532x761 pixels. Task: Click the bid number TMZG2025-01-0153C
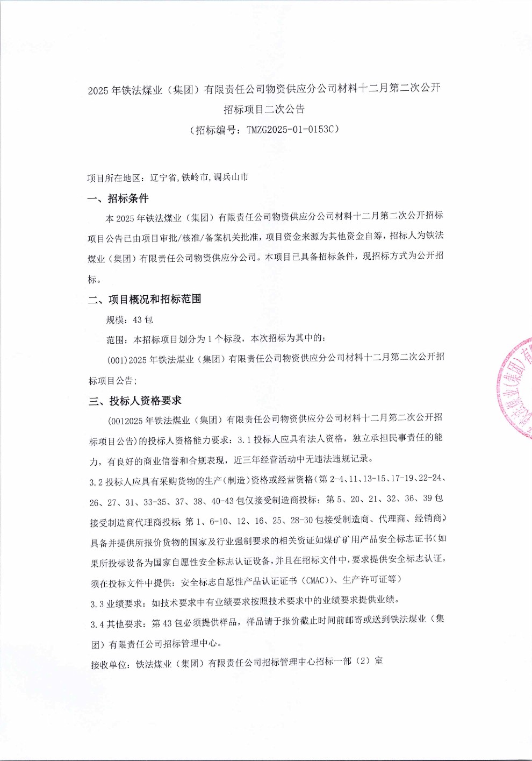[x=290, y=130]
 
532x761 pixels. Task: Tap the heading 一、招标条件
[x=118, y=198]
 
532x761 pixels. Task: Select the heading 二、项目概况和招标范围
[x=145, y=300]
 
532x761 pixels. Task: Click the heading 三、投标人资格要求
[x=135, y=401]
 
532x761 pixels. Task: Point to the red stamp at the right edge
[x=516, y=387]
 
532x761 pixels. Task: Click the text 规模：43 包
[x=130, y=320]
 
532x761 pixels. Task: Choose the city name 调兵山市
[x=231, y=177]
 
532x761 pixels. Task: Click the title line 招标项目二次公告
[x=264, y=109]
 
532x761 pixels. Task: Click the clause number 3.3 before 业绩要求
[x=97, y=604]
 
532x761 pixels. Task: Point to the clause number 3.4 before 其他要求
[x=97, y=624]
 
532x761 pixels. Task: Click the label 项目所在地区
[x=114, y=178]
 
